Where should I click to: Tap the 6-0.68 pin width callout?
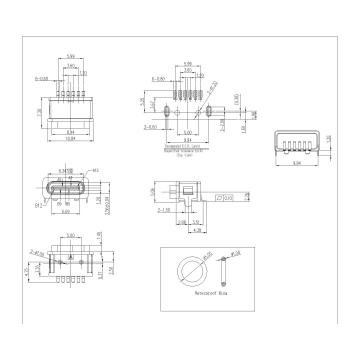tap(42, 76)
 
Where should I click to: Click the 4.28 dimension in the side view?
tap(194, 228)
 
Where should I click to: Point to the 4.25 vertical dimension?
tap(27, 270)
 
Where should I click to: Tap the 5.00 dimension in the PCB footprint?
tap(190, 130)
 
